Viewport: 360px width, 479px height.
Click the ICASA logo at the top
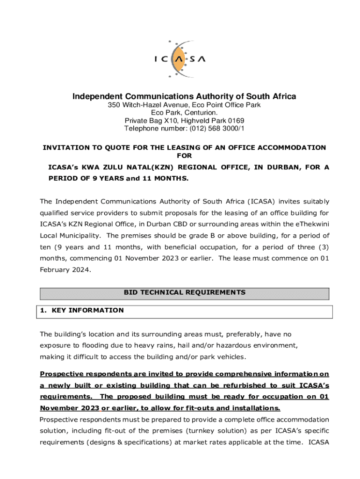tap(180, 58)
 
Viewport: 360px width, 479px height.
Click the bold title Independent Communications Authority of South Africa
tap(184, 97)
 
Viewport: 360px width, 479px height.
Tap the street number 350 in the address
tap(114, 105)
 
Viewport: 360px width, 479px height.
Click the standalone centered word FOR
tap(184, 155)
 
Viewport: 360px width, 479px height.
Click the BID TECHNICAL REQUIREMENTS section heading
tap(184, 292)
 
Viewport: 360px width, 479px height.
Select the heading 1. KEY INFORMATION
tap(82, 310)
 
